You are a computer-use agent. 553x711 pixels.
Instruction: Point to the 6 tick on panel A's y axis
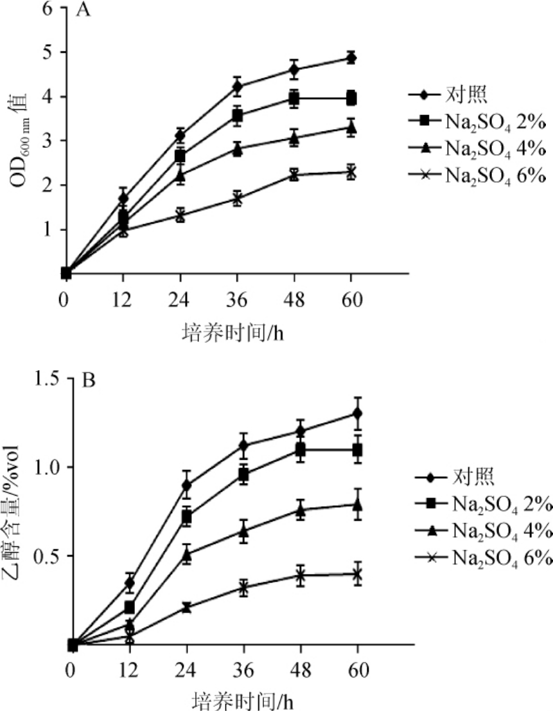pos(46,8)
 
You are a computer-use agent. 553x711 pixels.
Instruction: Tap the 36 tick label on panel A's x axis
pos(237,300)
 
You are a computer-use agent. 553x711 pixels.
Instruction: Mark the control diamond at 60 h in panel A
pos(351,58)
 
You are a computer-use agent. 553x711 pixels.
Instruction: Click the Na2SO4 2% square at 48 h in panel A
pos(294,98)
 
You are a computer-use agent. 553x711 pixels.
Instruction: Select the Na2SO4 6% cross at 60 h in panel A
pos(351,172)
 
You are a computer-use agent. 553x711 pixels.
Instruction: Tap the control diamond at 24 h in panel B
pos(186,485)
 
